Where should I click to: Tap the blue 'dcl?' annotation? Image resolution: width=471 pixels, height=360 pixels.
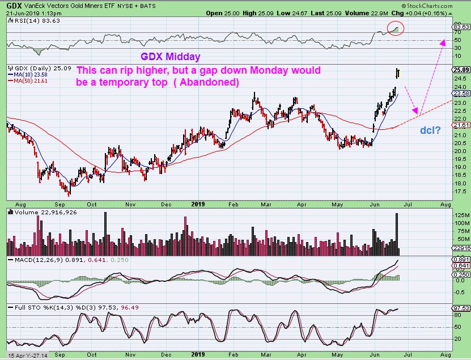tap(430, 130)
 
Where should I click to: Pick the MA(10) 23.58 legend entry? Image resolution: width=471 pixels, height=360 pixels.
tap(29, 74)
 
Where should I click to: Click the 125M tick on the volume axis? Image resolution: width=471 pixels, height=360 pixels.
tap(459, 215)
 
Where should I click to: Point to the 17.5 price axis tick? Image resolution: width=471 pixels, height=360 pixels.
tap(460, 192)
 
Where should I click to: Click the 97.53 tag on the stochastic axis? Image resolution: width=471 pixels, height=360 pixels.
tap(461, 308)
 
